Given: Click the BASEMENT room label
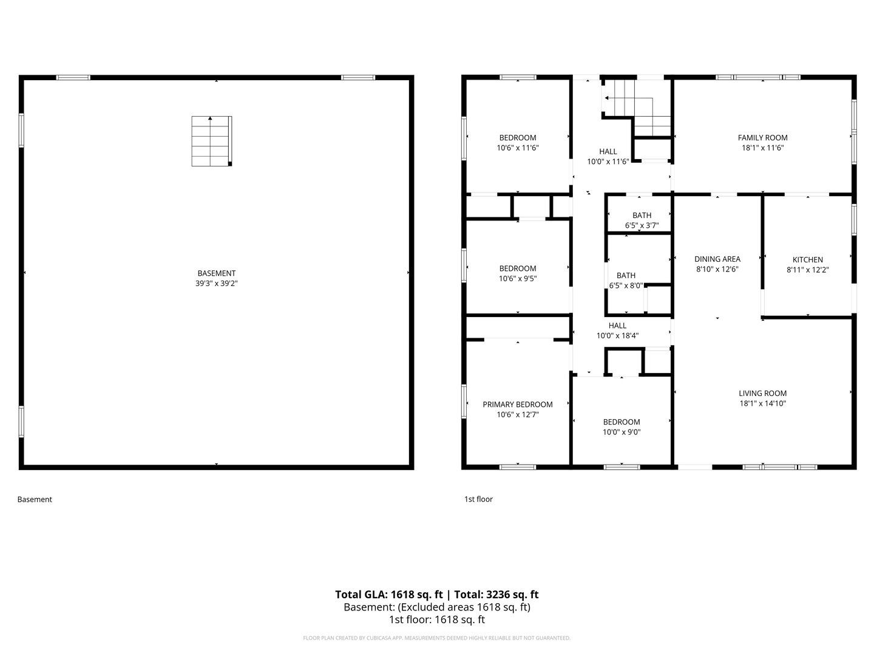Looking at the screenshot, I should [x=216, y=273].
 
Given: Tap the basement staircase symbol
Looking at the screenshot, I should [x=211, y=141].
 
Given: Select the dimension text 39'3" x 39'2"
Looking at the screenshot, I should [x=216, y=283].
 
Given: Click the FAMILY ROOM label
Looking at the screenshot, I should [x=762, y=138].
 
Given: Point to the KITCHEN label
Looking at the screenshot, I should [x=807, y=260].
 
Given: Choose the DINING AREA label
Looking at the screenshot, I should [x=717, y=259].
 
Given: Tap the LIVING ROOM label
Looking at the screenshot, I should [x=762, y=394].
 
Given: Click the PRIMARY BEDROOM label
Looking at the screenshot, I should [x=517, y=405].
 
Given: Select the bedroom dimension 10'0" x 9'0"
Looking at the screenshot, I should [x=622, y=432].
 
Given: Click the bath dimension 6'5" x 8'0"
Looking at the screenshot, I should [x=626, y=285].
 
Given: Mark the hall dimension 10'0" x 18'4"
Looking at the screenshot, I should [x=617, y=336].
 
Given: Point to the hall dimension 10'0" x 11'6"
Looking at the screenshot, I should [x=608, y=162].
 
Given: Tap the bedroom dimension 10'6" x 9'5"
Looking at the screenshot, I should [x=517, y=279].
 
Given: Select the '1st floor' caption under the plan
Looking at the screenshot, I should [x=478, y=499].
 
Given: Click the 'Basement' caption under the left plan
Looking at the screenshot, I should [x=35, y=499].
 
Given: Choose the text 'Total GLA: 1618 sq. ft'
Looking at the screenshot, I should [x=390, y=595].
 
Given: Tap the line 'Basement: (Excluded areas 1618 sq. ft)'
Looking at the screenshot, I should [x=437, y=607].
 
